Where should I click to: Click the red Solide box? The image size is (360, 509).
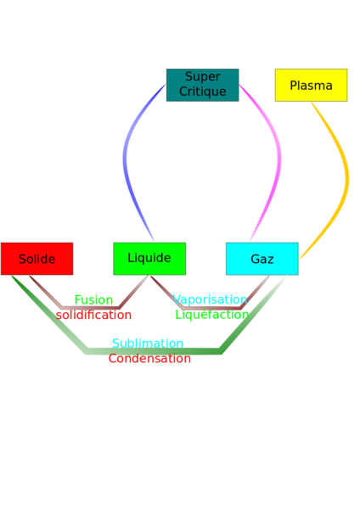pyautogui.click(x=37, y=259)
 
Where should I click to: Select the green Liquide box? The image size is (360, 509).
pyautogui.click(x=149, y=259)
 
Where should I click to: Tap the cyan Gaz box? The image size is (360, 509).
pyautogui.click(x=262, y=259)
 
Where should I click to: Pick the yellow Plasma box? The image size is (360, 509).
pyautogui.click(x=312, y=85)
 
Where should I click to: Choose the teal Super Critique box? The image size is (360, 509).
pyautogui.click(x=203, y=85)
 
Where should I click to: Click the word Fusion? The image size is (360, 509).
pyautogui.click(x=93, y=300)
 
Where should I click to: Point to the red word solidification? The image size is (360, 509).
pyautogui.click(x=93, y=315)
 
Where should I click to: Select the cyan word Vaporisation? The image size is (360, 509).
pyautogui.click(x=210, y=299)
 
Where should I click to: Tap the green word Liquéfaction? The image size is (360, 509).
pyautogui.click(x=212, y=315)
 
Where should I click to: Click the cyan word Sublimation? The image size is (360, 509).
pyautogui.click(x=148, y=343)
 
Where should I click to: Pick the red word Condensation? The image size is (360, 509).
pyautogui.click(x=149, y=358)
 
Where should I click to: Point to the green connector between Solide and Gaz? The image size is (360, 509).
pyautogui.click(x=153, y=351)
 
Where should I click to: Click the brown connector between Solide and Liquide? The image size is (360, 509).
pyautogui.click(x=91, y=307)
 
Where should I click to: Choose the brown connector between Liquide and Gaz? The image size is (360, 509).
pyautogui.click(x=211, y=307)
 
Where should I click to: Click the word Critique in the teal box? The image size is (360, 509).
pyautogui.click(x=203, y=92)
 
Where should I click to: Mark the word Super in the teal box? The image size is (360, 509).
pyautogui.click(x=203, y=77)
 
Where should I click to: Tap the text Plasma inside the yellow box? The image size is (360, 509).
pyautogui.click(x=312, y=86)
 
